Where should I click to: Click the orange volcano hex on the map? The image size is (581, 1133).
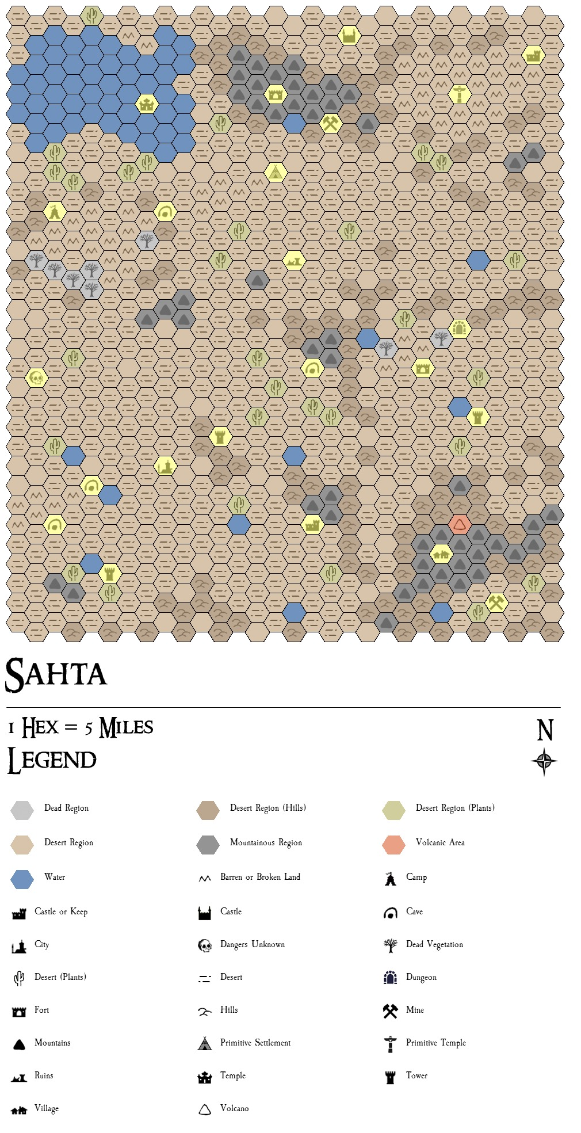pos(460,524)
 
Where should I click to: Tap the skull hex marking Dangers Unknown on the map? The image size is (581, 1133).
pos(36,378)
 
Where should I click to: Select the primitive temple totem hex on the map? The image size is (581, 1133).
pos(459,94)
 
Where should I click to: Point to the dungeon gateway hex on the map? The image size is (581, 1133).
pos(460,329)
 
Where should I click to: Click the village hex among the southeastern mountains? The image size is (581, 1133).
pos(441,554)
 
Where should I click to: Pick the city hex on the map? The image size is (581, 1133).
pos(165,466)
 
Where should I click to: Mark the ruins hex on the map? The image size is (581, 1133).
pos(294,261)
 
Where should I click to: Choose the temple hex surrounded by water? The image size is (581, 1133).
pos(147,104)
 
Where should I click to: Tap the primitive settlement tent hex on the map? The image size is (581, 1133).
pos(276,172)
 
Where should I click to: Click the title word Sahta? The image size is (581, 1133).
pos(56,674)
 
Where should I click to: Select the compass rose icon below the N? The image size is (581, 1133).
pos(544,762)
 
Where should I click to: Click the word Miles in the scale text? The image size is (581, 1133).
pos(127,728)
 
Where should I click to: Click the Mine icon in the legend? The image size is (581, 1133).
pos(390,1011)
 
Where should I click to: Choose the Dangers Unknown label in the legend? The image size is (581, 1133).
pos(252,944)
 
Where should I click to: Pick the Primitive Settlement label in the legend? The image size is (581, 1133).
pos(255,1043)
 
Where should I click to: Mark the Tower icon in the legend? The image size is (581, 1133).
pos(390,1077)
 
